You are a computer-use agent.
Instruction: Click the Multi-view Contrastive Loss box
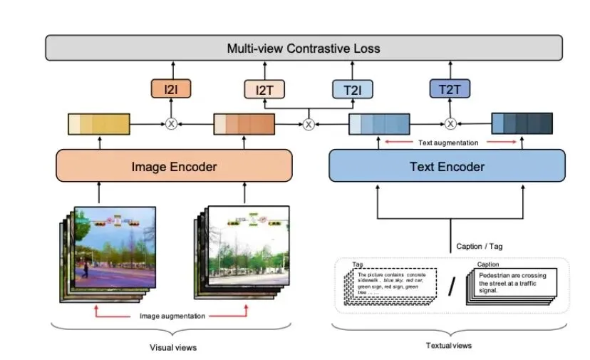click(x=304, y=48)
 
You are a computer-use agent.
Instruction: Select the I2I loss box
click(x=170, y=89)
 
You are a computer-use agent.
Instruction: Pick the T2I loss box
click(x=352, y=89)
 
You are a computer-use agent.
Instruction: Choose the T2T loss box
click(x=450, y=89)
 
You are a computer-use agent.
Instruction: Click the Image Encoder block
click(x=174, y=167)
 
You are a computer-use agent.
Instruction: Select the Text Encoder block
click(x=447, y=167)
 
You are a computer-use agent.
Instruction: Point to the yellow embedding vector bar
click(x=99, y=124)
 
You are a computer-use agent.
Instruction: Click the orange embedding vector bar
click(x=244, y=124)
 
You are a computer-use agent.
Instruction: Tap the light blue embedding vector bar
click(x=379, y=124)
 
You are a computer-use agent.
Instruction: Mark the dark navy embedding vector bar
click(x=522, y=124)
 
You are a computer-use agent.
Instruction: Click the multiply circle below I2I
click(x=171, y=124)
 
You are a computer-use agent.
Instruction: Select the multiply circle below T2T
click(x=450, y=124)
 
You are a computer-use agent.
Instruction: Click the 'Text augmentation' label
click(x=448, y=143)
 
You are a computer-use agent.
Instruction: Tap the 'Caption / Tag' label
click(x=480, y=247)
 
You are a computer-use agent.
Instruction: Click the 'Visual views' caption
click(x=172, y=347)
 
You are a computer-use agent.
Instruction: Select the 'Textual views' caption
click(x=449, y=345)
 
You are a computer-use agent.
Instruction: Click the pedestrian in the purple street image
click(x=86, y=269)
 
